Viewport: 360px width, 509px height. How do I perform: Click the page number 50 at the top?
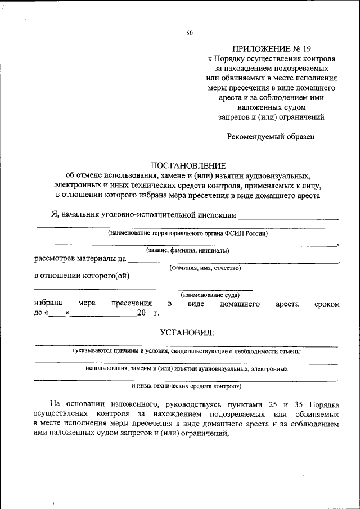click(x=190, y=33)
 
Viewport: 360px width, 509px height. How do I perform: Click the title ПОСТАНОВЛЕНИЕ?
click(x=188, y=165)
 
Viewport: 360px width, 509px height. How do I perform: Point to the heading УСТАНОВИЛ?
click(x=187, y=333)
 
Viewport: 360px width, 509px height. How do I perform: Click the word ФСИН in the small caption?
click(x=234, y=233)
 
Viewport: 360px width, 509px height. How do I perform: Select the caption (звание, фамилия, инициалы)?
click(x=187, y=251)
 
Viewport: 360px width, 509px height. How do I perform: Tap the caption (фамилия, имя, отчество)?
click(x=205, y=268)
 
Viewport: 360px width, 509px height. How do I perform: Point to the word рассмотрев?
click(x=57, y=259)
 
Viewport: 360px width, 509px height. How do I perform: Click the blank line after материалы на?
click(x=233, y=261)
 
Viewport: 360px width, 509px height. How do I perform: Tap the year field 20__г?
click(x=147, y=313)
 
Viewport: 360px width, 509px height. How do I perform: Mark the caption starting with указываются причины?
click(x=186, y=352)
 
